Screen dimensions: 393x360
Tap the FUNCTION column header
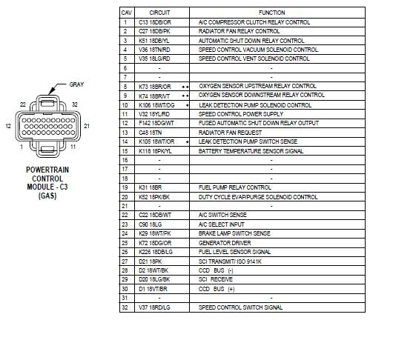(271, 13)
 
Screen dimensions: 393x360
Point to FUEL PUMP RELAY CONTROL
(235, 187)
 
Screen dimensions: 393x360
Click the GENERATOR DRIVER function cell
(225, 242)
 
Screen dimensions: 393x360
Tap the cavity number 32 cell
(125, 307)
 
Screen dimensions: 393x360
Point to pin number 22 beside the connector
(23, 104)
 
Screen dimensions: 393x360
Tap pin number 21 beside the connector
(87, 127)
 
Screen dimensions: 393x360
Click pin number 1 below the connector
(22, 147)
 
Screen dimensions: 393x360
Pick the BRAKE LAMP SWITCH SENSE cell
(234, 233)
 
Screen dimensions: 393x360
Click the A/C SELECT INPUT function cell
(222, 224)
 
